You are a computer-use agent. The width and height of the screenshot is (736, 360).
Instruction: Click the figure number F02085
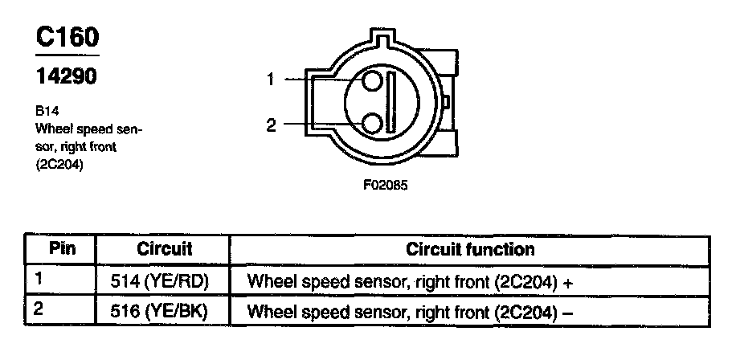coord(386,184)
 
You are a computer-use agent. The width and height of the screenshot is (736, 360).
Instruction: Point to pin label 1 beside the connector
coord(271,79)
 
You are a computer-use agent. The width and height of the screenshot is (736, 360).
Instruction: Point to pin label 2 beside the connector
coord(271,125)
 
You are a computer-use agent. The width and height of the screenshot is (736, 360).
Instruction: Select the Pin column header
coord(62,248)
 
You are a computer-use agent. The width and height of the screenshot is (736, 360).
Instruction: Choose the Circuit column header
coord(165,249)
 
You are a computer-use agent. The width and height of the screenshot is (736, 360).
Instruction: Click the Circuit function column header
coord(470,249)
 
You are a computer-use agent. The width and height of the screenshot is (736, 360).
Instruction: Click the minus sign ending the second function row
coord(568,312)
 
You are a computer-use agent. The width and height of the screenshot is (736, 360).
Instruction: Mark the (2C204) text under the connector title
coord(60,166)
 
